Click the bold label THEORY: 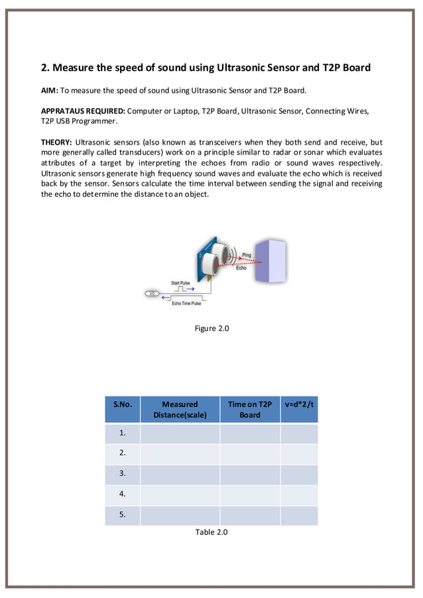56,143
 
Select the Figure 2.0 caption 211,329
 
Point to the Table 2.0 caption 211,532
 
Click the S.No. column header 123,404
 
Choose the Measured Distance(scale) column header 180,409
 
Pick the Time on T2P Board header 250,409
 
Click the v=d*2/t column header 299,404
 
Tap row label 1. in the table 123,434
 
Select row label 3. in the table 123,474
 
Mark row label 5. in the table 123,514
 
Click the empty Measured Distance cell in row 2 180,454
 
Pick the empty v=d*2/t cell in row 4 299,495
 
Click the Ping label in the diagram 247,255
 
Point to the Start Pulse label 180,283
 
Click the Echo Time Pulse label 186,303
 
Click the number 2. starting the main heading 46,68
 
